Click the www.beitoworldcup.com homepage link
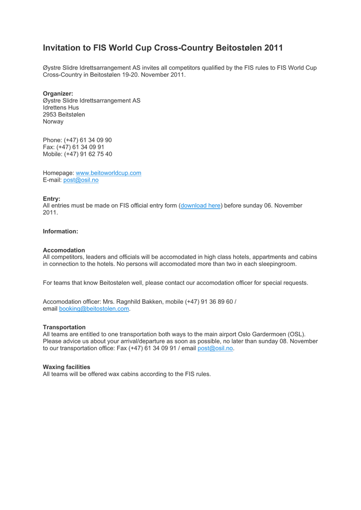[x=108, y=173]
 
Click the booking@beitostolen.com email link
[x=94, y=309]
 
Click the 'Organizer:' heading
[x=58, y=93]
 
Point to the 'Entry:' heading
[x=51, y=198]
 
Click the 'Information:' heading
[x=60, y=231]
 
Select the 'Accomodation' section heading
[x=64, y=250]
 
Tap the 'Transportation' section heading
[x=64, y=327]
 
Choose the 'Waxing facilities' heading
[x=66, y=367]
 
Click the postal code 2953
[x=51, y=115]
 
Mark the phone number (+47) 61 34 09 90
[x=87, y=140]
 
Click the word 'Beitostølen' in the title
[x=237, y=48]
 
